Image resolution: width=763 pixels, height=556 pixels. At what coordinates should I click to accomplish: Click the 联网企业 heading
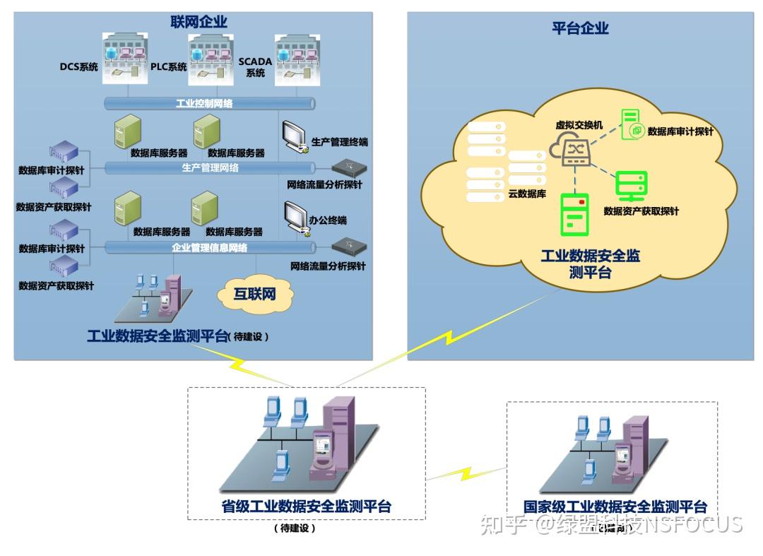pyautogui.click(x=199, y=22)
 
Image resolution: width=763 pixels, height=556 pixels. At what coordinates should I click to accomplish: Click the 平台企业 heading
pyautogui.click(x=580, y=28)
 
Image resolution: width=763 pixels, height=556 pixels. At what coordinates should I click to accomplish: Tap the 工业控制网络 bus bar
pyautogui.click(x=210, y=103)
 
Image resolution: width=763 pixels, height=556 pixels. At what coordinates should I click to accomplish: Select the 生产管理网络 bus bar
pyautogui.click(x=210, y=168)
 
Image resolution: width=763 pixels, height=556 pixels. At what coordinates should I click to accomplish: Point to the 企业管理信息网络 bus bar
pyautogui.click(x=210, y=248)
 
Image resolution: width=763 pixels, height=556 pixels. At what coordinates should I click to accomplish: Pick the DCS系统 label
pyautogui.click(x=78, y=68)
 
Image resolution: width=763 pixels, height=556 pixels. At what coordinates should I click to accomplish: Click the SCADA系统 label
pyautogui.click(x=255, y=67)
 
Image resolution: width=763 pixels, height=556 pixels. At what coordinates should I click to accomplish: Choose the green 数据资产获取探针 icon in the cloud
pyautogui.click(x=627, y=185)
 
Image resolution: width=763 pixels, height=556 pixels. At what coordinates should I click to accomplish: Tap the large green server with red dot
pyautogui.click(x=575, y=214)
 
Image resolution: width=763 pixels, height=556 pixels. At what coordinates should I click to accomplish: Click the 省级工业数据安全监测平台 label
pyautogui.click(x=307, y=507)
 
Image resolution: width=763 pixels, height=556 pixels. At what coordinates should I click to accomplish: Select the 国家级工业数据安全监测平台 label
pyautogui.click(x=615, y=507)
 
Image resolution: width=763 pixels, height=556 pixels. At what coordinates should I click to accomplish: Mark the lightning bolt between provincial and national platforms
pyautogui.click(x=466, y=471)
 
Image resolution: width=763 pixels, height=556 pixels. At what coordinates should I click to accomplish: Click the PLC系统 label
pyautogui.click(x=168, y=68)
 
